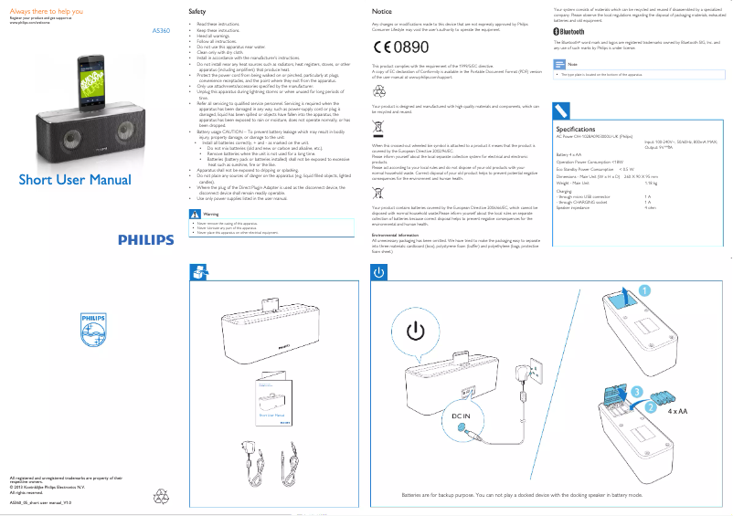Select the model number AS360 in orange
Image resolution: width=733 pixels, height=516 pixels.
click(161, 31)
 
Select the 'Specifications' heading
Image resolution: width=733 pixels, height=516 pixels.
click(583, 130)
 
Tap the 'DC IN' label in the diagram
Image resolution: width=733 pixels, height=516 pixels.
click(460, 416)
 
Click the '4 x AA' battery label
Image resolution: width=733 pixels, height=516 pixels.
click(676, 412)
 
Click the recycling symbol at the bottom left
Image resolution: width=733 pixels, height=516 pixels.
click(162, 497)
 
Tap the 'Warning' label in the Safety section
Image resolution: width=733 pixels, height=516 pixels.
click(211, 215)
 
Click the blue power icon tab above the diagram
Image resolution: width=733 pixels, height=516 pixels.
click(378, 272)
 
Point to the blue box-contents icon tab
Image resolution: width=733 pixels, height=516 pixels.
click(197, 272)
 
